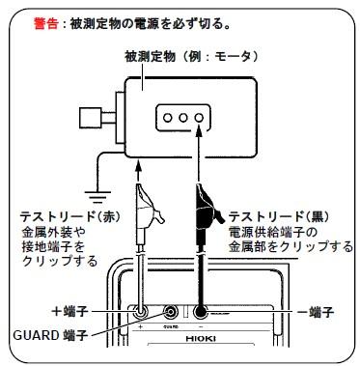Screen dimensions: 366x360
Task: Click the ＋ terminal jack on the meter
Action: pyautogui.click(x=141, y=312)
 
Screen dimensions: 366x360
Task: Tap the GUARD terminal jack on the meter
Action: pyautogui.click(x=173, y=312)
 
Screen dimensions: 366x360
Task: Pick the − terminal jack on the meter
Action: pyautogui.click(x=201, y=312)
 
